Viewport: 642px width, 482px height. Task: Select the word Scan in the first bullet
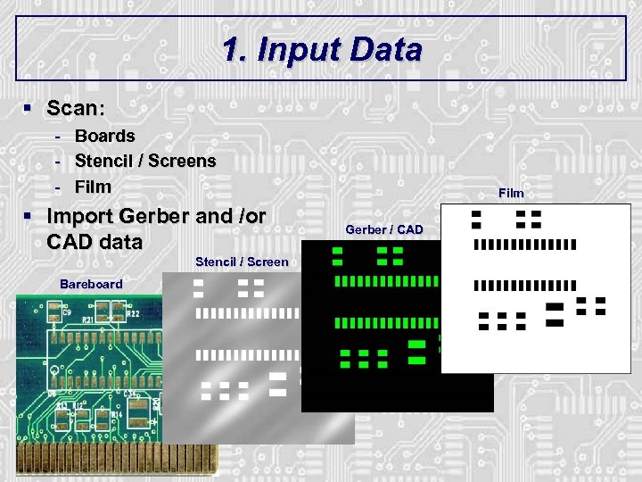pos(74,108)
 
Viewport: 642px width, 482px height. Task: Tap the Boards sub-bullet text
pos(104,137)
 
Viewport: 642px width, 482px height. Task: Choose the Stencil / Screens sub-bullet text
pos(145,162)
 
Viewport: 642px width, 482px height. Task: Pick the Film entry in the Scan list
pos(93,187)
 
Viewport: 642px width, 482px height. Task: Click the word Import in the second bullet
pos(79,216)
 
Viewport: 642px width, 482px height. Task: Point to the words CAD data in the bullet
pos(94,242)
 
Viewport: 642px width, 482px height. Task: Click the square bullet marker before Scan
pos(29,108)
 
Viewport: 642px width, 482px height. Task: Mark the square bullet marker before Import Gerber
pos(29,216)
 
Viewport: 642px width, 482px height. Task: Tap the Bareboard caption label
pos(91,284)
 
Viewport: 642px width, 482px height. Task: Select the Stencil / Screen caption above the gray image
pos(242,262)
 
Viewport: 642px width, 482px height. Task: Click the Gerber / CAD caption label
pos(384,229)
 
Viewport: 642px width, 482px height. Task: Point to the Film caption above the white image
pos(511,193)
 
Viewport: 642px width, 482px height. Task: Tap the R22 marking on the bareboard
pos(132,314)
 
